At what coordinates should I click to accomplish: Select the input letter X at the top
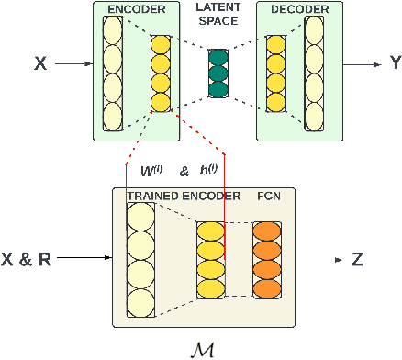(39, 64)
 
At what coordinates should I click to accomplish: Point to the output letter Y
(395, 64)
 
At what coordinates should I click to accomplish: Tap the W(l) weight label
(148, 170)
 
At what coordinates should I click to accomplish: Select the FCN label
(269, 196)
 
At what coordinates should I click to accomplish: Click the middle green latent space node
(218, 74)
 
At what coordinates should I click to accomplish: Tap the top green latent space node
(218, 58)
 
